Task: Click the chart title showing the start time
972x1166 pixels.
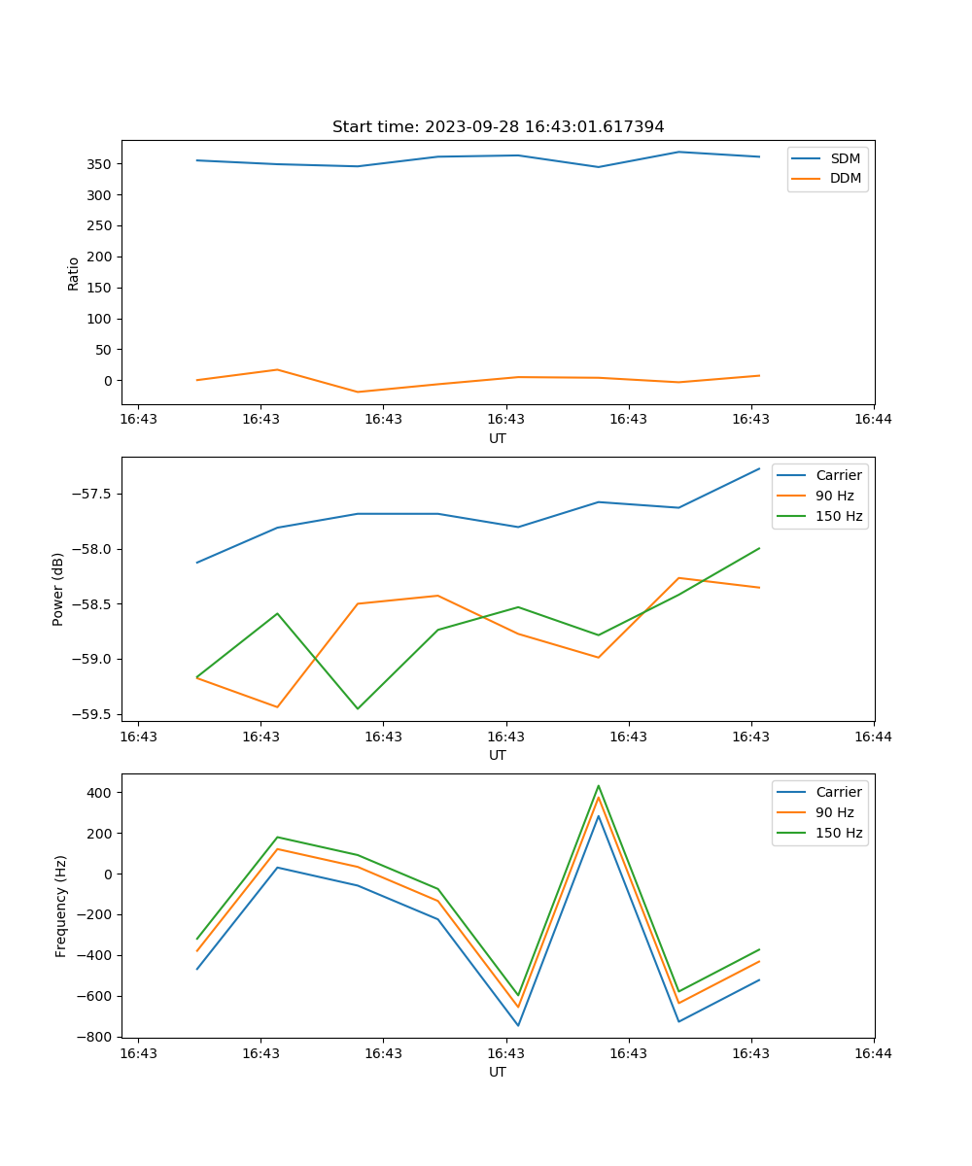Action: (x=498, y=127)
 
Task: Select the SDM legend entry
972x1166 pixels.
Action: (x=845, y=158)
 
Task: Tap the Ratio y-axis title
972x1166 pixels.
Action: (x=74, y=273)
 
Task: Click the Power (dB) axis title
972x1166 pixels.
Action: (x=58, y=589)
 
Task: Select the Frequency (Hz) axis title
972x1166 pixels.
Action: (x=61, y=906)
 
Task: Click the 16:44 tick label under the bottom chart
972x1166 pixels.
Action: (x=873, y=1052)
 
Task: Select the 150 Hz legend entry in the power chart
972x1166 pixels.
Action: (x=839, y=516)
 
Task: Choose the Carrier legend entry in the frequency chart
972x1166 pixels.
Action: (x=838, y=792)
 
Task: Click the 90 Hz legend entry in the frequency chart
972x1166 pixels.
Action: (x=834, y=812)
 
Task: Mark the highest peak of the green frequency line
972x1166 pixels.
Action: (x=599, y=786)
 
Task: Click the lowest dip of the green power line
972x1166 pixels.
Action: (x=358, y=708)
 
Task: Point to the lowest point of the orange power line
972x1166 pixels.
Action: (x=277, y=707)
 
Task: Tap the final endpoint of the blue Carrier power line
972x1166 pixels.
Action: (x=759, y=468)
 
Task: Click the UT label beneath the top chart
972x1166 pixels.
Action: (x=498, y=438)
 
